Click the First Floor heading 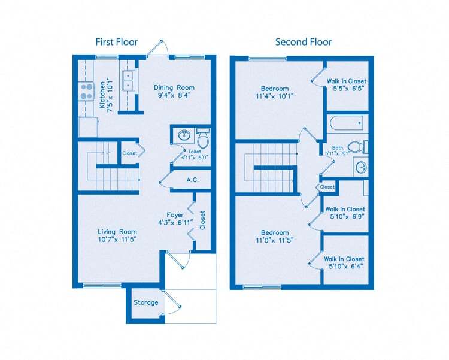117,42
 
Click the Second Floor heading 303,42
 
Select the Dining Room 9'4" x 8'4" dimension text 174,95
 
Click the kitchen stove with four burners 87,91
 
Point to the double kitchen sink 128,80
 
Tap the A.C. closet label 193,179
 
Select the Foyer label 175,215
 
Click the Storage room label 145,302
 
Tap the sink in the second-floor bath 360,167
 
